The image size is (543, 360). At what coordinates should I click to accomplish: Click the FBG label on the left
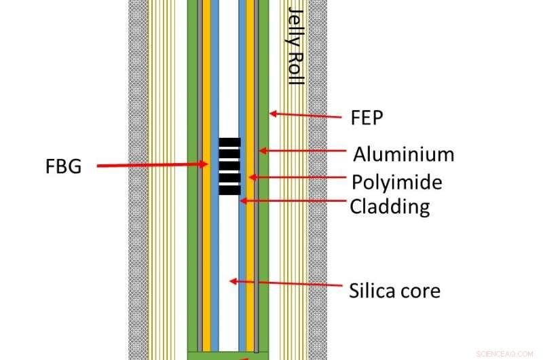click(x=61, y=165)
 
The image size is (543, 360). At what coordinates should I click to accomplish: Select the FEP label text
click(x=367, y=118)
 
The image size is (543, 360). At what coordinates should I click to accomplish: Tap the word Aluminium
click(x=402, y=154)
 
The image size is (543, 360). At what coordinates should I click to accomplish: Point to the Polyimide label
click(x=396, y=182)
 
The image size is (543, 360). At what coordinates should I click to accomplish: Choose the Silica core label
click(x=394, y=291)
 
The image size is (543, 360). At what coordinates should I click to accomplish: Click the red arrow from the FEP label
click(x=305, y=115)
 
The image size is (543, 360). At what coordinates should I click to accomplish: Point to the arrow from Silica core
click(x=285, y=281)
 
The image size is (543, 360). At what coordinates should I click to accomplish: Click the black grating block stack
click(x=229, y=166)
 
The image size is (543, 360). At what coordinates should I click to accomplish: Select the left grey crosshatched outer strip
click(x=138, y=180)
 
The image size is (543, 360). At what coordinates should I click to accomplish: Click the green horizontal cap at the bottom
click(x=227, y=355)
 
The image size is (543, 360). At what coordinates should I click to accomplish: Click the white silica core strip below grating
click(x=229, y=272)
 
